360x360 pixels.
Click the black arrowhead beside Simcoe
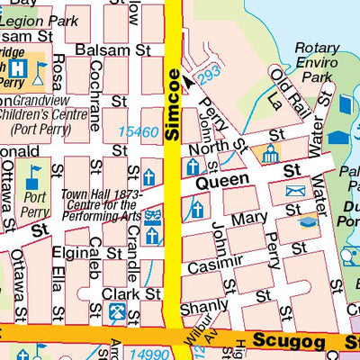point(187,82)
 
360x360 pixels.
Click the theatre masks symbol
point(154,213)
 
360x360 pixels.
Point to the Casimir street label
point(220,262)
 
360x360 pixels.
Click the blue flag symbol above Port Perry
point(34,173)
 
